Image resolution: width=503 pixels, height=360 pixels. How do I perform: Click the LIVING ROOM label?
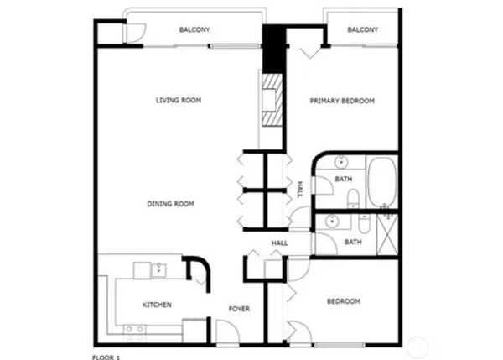click(179, 101)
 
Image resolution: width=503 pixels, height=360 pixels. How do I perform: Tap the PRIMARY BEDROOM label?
click(342, 101)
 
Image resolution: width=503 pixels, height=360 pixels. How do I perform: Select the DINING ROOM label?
click(171, 203)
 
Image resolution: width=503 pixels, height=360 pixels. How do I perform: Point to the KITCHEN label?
click(157, 305)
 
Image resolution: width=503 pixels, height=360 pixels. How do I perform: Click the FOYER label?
click(240, 309)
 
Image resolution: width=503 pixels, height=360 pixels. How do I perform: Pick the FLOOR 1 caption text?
click(106, 357)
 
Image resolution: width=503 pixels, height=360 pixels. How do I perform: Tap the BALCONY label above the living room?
click(194, 30)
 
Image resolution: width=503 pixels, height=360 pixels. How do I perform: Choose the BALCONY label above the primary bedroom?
click(362, 30)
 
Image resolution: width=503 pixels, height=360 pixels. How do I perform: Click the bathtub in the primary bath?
click(382, 180)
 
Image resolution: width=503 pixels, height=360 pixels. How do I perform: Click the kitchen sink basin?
click(160, 269)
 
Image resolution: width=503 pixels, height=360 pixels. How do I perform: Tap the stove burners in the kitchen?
click(134, 329)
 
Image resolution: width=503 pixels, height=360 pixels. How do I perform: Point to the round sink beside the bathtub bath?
click(342, 162)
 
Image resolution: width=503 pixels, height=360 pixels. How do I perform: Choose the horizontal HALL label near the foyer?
click(279, 243)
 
